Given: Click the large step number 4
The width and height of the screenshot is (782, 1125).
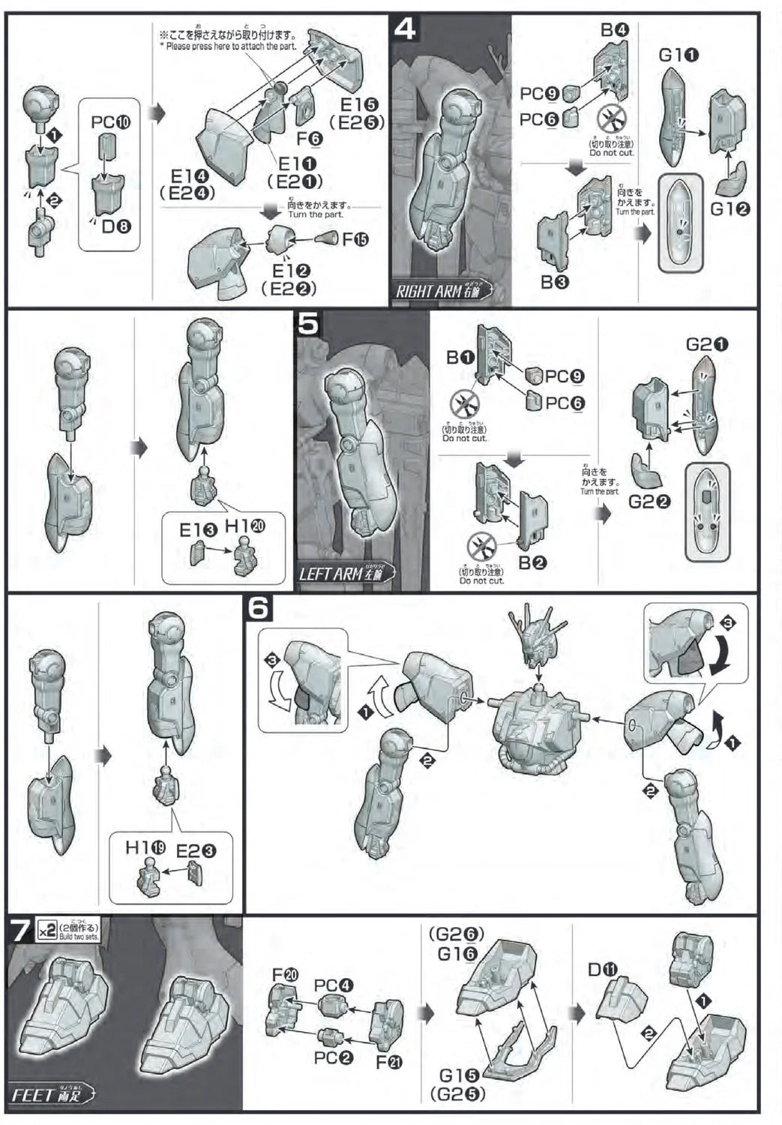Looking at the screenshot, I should (x=404, y=30).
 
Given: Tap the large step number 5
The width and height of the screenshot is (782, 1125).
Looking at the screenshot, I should (x=308, y=325).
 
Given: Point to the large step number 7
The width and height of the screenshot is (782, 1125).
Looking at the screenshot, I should (x=20, y=931).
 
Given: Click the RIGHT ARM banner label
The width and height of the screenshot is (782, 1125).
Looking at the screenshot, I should (x=442, y=290).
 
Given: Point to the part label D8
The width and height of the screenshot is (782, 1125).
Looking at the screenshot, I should (x=116, y=224).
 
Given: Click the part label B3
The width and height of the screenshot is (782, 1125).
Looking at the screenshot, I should (x=553, y=282).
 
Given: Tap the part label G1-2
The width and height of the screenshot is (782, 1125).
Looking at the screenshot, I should (x=730, y=210).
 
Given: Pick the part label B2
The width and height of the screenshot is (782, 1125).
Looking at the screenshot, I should (x=532, y=562).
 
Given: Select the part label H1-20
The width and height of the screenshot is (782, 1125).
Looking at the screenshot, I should (x=247, y=527).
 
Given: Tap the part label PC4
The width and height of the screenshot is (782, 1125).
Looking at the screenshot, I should (x=333, y=985).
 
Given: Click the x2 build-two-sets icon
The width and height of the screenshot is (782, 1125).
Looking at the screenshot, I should (x=46, y=929).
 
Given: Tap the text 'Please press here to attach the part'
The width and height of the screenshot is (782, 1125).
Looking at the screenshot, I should (x=227, y=46).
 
